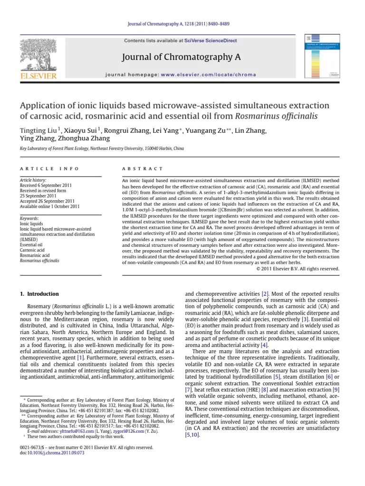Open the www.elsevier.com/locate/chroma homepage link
pyautogui.click(x=208, y=75)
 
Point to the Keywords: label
pyautogui.click(x=29, y=218)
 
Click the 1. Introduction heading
pyautogui.click(x=39, y=294)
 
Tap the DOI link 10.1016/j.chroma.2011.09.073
pyautogui.click(x=53, y=453)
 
